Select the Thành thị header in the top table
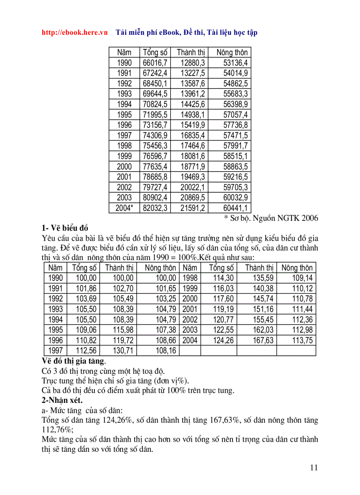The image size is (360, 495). [x=191, y=52]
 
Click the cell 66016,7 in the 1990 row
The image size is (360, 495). [x=155, y=63]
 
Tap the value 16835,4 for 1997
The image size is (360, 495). [x=193, y=135]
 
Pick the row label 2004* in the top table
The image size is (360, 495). [x=124, y=208]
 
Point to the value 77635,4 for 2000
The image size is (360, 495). [x=155, y=167]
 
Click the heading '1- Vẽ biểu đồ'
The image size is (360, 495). [x=65, y=228]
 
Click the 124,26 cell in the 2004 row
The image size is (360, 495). [x=223, y=340]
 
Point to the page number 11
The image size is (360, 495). [x=314, y=468]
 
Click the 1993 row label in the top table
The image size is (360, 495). [x=124, y=94]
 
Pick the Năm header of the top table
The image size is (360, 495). [x=124, y=52]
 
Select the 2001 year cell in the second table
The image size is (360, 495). [x=190, y=309]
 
